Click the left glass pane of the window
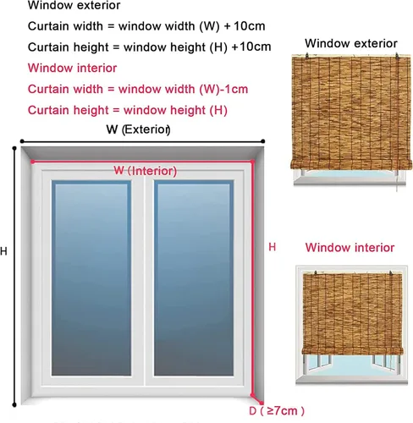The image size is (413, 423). click(x=91, y=277)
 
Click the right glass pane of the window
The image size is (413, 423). click(x=194, y=277)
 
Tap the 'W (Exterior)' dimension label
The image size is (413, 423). click(x=138, y=129)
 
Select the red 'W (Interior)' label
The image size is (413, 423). click(x=146, y=171)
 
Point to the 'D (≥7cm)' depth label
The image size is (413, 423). click(x=277, y=410)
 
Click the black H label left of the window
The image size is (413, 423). click(x=3, y=251)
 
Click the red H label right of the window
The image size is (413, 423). click(x=272, y=247)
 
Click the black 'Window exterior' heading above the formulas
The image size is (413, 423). click(x=74, y=5)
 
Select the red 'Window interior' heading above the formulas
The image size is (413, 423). click(x=72, y=68)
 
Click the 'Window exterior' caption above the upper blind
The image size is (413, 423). click(x=351, y=43)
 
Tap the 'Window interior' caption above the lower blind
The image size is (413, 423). click(x=350, y=248)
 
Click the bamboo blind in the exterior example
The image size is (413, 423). click(x=351, y=113)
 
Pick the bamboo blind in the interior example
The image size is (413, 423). click(x=352, y=314)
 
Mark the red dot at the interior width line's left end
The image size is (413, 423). click(x=33, y=162)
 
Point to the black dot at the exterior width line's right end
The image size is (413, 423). click(x=263, y=141)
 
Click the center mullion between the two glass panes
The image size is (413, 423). click(x=145, y=277)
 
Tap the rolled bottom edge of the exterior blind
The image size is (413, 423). click(x=351, y=165)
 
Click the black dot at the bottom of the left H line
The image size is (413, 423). click(x=14, y=405)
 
